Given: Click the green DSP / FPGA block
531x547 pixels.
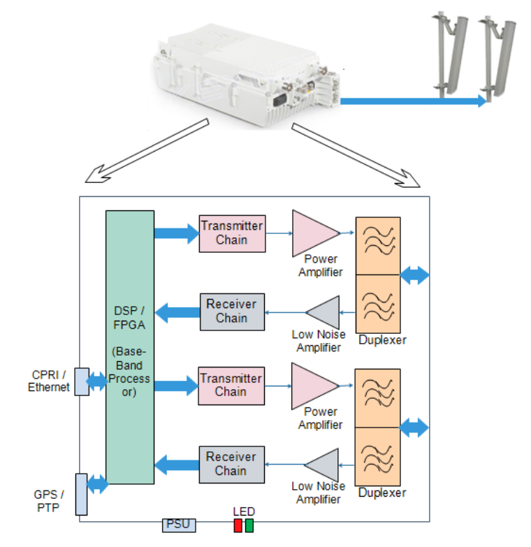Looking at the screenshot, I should coord(130,347).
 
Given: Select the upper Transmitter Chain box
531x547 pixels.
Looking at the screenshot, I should coord(232,233).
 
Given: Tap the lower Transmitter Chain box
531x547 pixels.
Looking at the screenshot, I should coord(232,385).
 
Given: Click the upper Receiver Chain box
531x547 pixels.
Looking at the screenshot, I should coord(232,312).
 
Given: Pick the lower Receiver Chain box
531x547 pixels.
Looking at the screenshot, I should coord(232,464).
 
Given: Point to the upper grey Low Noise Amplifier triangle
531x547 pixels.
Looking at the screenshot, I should coord(325,312).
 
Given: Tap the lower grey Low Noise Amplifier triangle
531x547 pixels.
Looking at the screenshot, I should coord(325,464).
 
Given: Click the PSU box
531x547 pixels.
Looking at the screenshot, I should coord(179,525).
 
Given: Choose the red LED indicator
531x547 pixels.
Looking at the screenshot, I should coord(238,525).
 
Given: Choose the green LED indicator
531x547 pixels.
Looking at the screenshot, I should coord(249,525).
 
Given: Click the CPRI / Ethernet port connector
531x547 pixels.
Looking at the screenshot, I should coord(82,381).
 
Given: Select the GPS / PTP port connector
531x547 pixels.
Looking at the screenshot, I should coord(81,494).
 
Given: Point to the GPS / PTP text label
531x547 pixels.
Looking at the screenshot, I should coord(49,501).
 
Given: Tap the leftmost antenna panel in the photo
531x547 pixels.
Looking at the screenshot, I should coord(446,52).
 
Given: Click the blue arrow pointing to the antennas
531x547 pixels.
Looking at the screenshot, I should coord(412,102).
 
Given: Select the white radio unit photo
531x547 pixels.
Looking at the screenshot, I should coord(245,73).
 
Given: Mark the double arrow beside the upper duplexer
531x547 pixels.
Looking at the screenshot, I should coord(414,275).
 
